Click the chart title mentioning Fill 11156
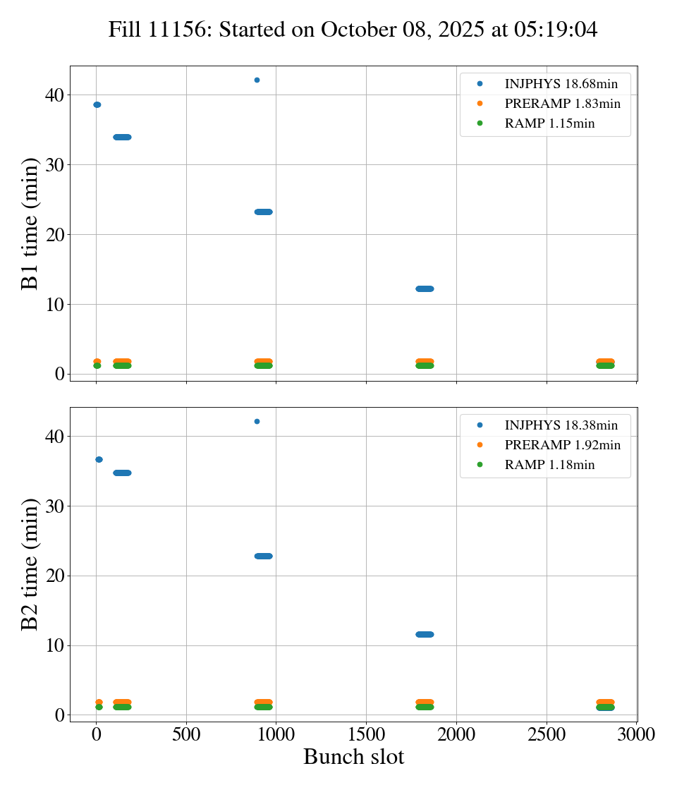pos(353,30)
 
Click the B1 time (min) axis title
pos(30,223)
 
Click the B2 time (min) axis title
pos(30,564)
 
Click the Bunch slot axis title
pos(353,758)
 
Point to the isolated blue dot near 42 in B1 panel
pos(257,80)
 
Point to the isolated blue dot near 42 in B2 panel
pos(257,421)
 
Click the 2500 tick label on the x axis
pos(547,734)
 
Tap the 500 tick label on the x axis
pos(186,734)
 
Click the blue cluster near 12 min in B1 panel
pos(425,288)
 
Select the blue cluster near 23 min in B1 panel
pos(263,212)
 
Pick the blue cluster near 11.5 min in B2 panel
pos(425,634)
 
